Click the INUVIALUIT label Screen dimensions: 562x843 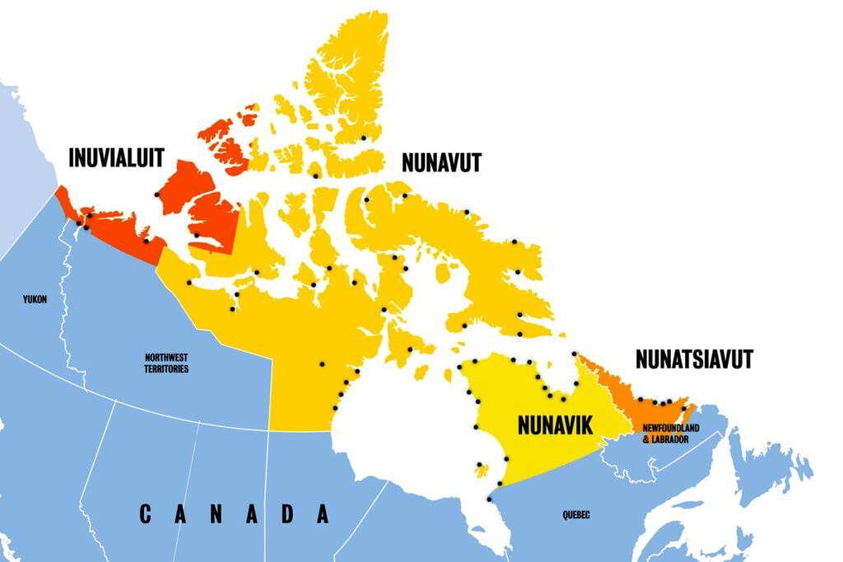point(116,157)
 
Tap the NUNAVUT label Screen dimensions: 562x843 point(440,162)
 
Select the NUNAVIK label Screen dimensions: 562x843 point(556,425)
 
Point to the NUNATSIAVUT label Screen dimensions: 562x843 point(694,359)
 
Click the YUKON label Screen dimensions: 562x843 point(35,299)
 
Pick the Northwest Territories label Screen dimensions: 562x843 point(166,364)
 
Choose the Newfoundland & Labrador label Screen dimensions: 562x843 point(665,434)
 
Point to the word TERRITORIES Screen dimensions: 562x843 point(166,369)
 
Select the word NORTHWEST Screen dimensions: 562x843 point(166,358)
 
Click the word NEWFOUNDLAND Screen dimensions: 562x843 point(665,429)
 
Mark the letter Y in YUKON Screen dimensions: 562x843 point(26,299)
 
